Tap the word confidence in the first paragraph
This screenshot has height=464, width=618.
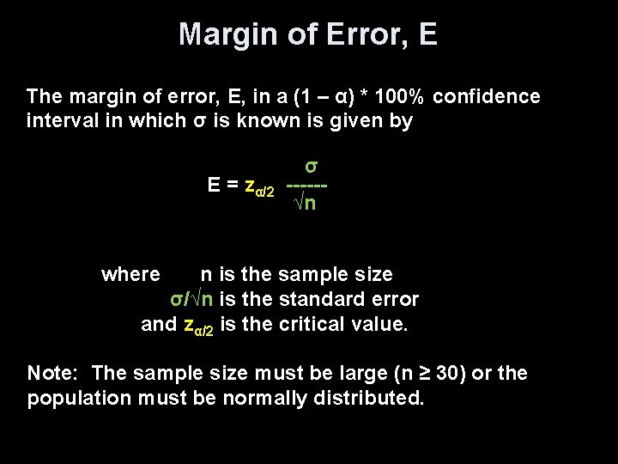(487, 96)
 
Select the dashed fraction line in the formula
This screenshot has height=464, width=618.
(308, 186)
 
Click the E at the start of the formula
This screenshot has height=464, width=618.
(215, 185)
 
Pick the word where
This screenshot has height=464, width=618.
(130, 275)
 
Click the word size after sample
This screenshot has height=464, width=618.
(372, 275)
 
